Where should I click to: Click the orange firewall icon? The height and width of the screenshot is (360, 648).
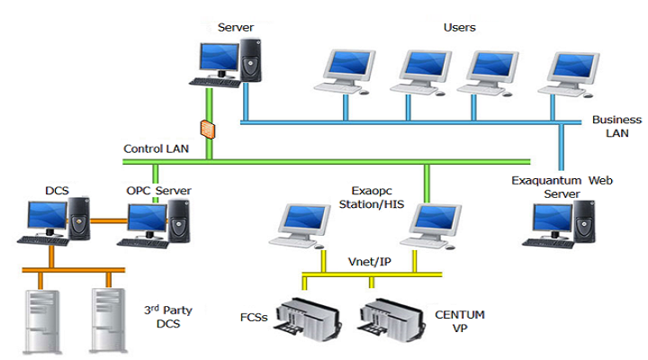pos(208,130)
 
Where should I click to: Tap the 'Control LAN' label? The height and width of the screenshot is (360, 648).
pos(157,148)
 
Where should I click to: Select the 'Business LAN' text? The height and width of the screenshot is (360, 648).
pos(616,127)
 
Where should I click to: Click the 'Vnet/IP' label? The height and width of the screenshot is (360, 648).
pos(370,262)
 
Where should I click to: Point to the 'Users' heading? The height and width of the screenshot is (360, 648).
pos(460,28)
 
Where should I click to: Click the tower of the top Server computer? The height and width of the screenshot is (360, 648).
pos(250,60)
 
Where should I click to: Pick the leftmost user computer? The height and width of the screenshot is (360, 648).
pos(344,72)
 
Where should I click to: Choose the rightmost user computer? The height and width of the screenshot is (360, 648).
pos(569,75)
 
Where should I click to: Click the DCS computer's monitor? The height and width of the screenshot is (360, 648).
pos(48,217)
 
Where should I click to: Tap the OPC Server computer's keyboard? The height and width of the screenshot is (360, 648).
pos(143,243)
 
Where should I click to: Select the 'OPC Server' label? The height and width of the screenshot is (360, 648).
pos(158,191)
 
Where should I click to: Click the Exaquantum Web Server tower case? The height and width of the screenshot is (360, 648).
pos(584,222)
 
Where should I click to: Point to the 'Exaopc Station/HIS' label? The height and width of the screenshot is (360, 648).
pos(372,198)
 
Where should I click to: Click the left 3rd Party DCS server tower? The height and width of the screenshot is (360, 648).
pos(41,321)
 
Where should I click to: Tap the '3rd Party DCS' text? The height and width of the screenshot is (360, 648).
pos(168,317)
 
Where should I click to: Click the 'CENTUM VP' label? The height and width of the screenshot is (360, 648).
pos(460,321)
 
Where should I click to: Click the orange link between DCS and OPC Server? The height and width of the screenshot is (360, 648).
pos(109,221)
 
